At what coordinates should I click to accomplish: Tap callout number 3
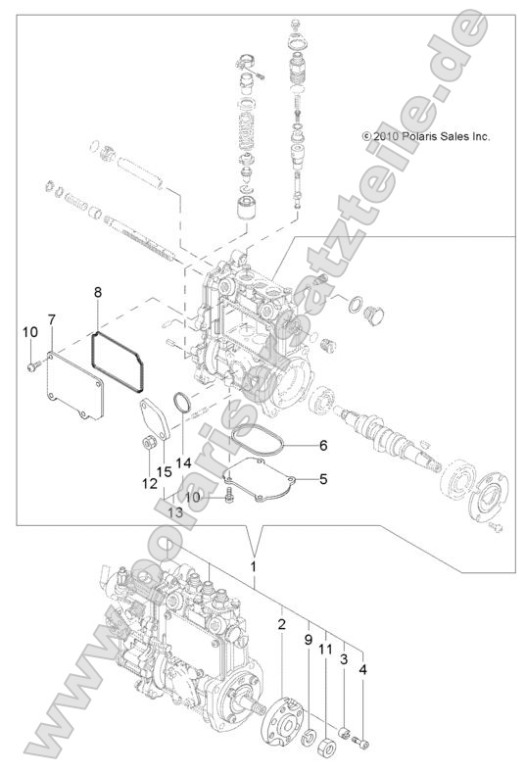344,662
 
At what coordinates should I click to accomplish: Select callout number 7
51,319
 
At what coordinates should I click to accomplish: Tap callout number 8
98,292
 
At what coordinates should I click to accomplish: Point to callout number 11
325,649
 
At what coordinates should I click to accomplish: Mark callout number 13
175,512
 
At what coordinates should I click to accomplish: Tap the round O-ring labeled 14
181,402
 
